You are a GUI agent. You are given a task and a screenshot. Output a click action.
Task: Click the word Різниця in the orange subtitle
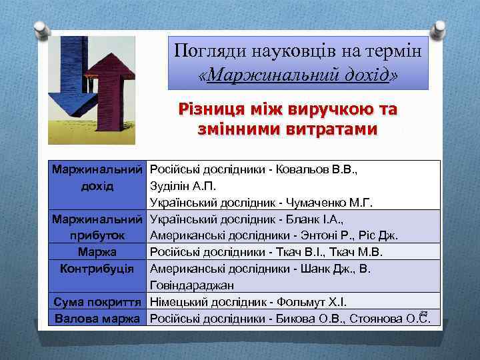tap(207, 108)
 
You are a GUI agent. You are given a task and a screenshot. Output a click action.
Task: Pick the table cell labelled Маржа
tap(97, 251)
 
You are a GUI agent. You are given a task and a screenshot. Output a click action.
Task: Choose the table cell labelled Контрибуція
tap(97, 268)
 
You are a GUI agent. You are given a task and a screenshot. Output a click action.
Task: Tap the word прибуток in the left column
tap(97, 235)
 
